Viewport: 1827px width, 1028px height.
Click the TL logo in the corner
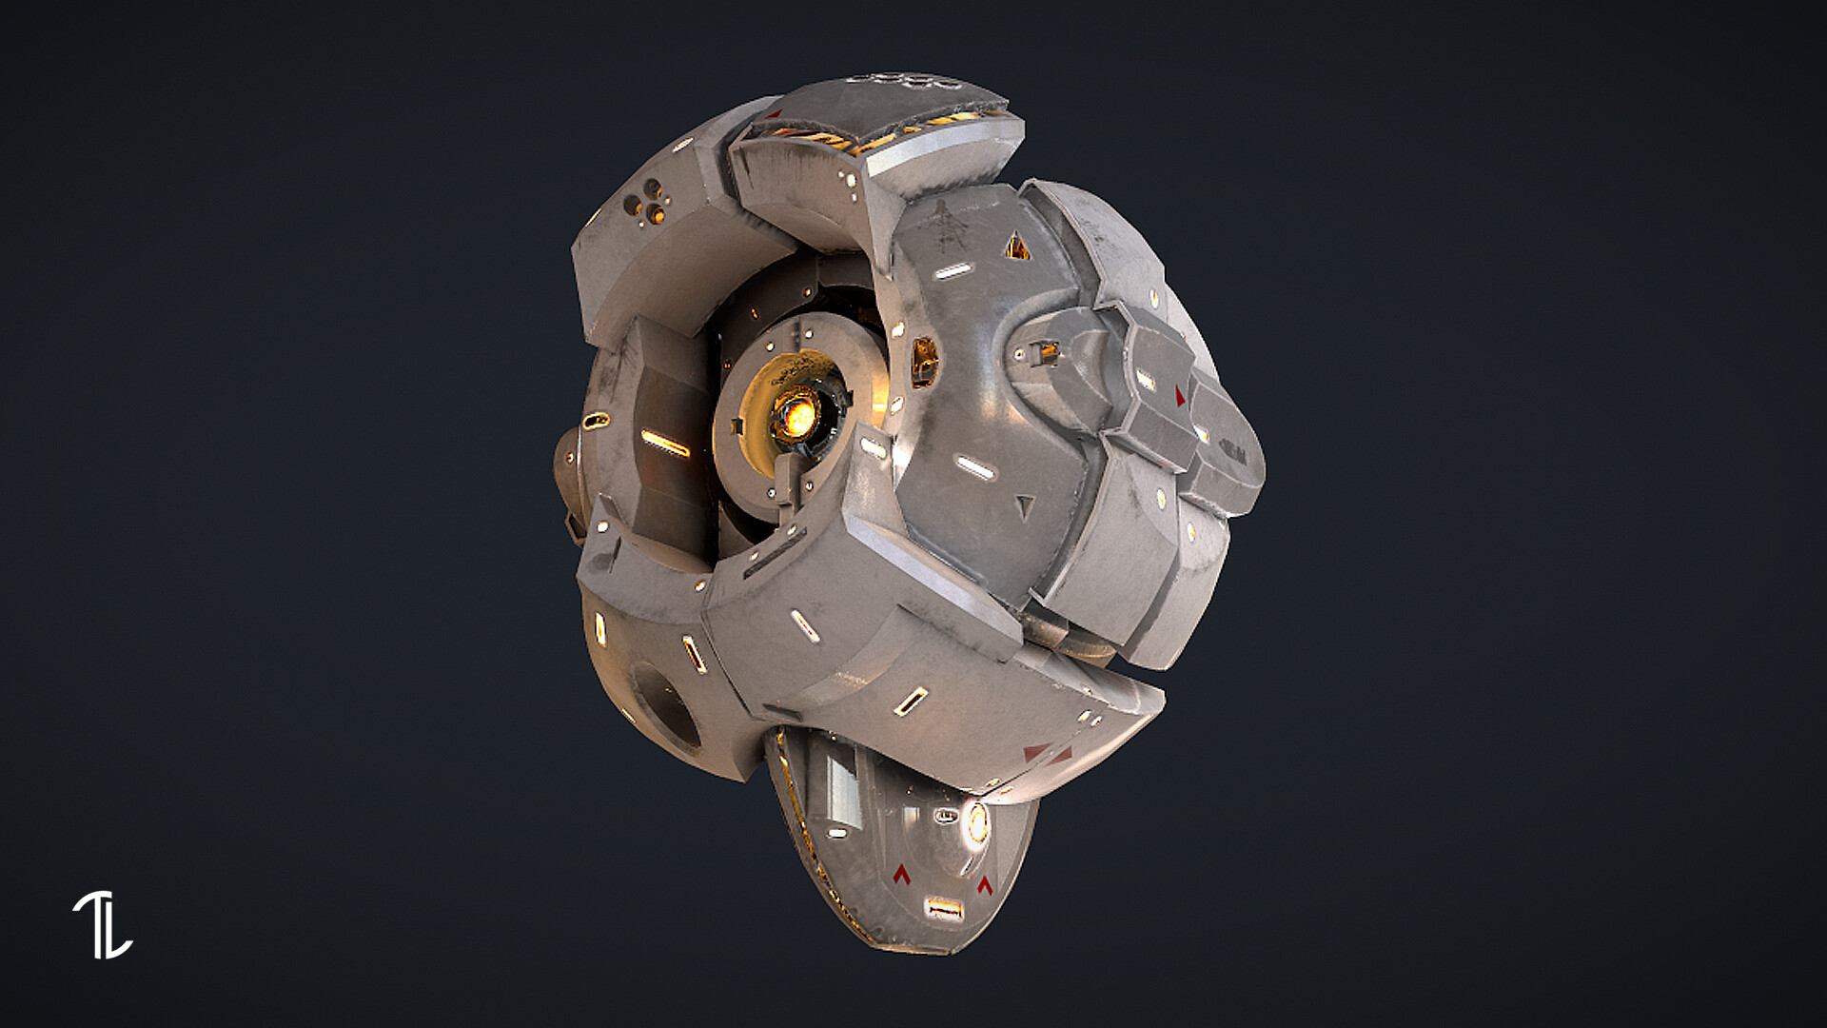(x=102, y=924)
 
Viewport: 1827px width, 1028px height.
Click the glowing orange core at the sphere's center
(x=797, y=416)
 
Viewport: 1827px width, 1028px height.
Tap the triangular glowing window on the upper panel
(x=1017, y=247)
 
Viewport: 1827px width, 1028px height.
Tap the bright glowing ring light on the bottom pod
(x=976, y=822)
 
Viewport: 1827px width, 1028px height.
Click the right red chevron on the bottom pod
(x=985, y=884)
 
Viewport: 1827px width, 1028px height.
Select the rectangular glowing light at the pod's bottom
(x=944, y=909)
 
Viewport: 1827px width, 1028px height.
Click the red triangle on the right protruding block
(x=1181, y=396)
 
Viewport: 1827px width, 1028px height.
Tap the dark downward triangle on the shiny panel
(x=1023, y=506)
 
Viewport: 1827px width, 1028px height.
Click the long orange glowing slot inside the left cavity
(x=665, y=443)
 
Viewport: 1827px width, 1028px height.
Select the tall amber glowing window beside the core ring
(x=924, y=361)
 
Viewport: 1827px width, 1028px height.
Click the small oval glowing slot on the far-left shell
(x=596, y=421)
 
